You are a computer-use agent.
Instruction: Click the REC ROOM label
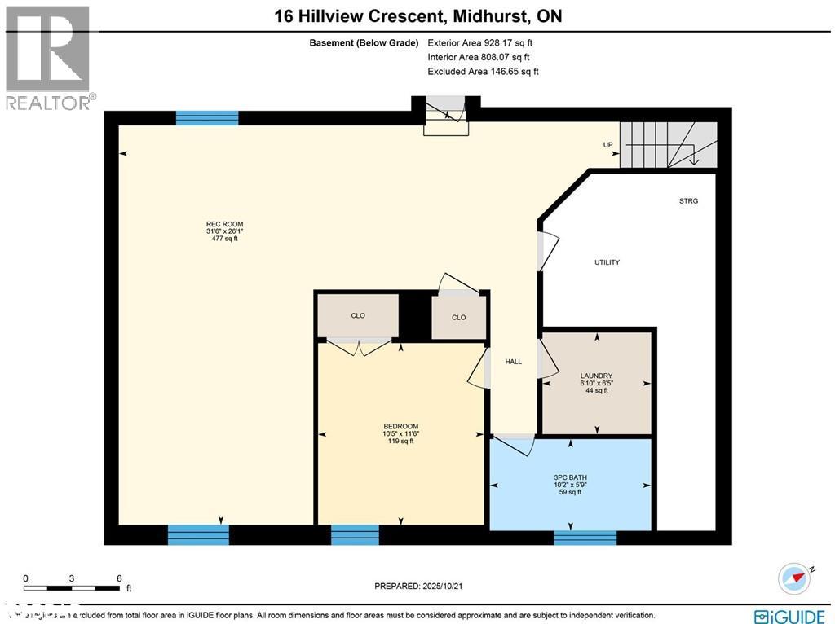(224, 224)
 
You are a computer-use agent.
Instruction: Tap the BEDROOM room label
(400, 426)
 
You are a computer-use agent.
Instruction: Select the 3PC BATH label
(570, 477)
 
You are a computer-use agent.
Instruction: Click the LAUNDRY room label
(597, 376)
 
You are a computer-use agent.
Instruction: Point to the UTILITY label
(607, 262)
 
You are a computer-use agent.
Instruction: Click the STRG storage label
(688, 200)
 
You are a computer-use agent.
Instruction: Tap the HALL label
(513, 362)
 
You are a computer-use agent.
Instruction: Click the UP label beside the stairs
(607, 145)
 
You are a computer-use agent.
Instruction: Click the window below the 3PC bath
(585, 537)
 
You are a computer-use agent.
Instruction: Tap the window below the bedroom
(355, 535)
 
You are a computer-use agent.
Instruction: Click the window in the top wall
(207, 118)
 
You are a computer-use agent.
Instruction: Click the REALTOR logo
(48, 57)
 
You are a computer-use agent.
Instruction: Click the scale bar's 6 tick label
(119, 578)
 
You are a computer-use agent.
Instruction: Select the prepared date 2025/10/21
(422, 586)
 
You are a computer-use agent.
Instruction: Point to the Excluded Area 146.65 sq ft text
(483, 72)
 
